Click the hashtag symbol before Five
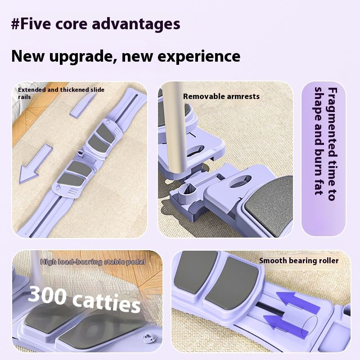15,24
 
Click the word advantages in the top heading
136,25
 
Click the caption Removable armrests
221,96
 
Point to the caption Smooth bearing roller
299,261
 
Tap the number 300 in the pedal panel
47,295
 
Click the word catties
107,302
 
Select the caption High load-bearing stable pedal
93,262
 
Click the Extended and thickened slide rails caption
61,93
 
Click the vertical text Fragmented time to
333,144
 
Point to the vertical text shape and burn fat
319,141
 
